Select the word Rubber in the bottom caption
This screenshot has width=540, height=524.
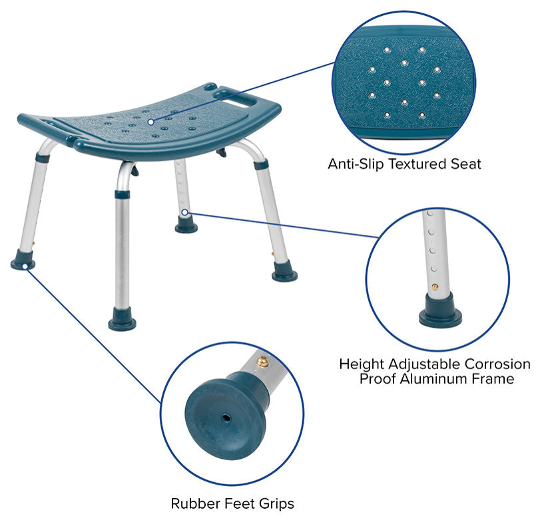(195, 503)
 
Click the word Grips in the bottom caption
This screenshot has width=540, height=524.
(276, 504)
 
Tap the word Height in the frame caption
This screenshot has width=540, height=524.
(362, 364)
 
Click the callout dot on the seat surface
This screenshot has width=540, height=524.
(150, 122)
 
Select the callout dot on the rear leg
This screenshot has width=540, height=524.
(185, 212)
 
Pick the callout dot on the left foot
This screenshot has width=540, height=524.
(25, 267)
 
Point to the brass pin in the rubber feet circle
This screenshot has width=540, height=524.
(262, 361)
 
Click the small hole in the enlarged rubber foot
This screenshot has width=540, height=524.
(226, 418)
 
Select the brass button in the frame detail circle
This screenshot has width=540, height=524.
(435, 287)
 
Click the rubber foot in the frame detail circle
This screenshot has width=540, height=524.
(441, 310)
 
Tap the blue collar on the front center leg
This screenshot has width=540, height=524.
(123, 194)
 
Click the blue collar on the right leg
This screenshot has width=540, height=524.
(261, 164)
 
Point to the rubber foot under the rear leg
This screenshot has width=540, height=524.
(186, 225)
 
